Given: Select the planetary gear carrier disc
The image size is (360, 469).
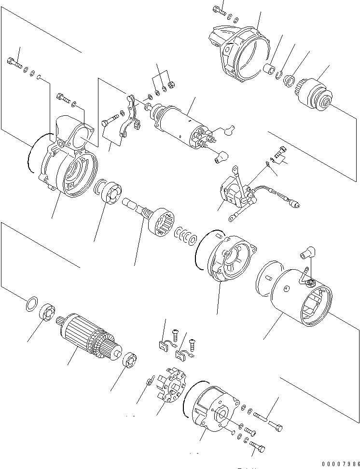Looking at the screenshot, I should coord(111,193).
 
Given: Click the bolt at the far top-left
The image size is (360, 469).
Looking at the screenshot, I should coord(14,62).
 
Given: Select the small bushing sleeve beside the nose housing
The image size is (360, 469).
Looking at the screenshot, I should coord(269,67).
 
